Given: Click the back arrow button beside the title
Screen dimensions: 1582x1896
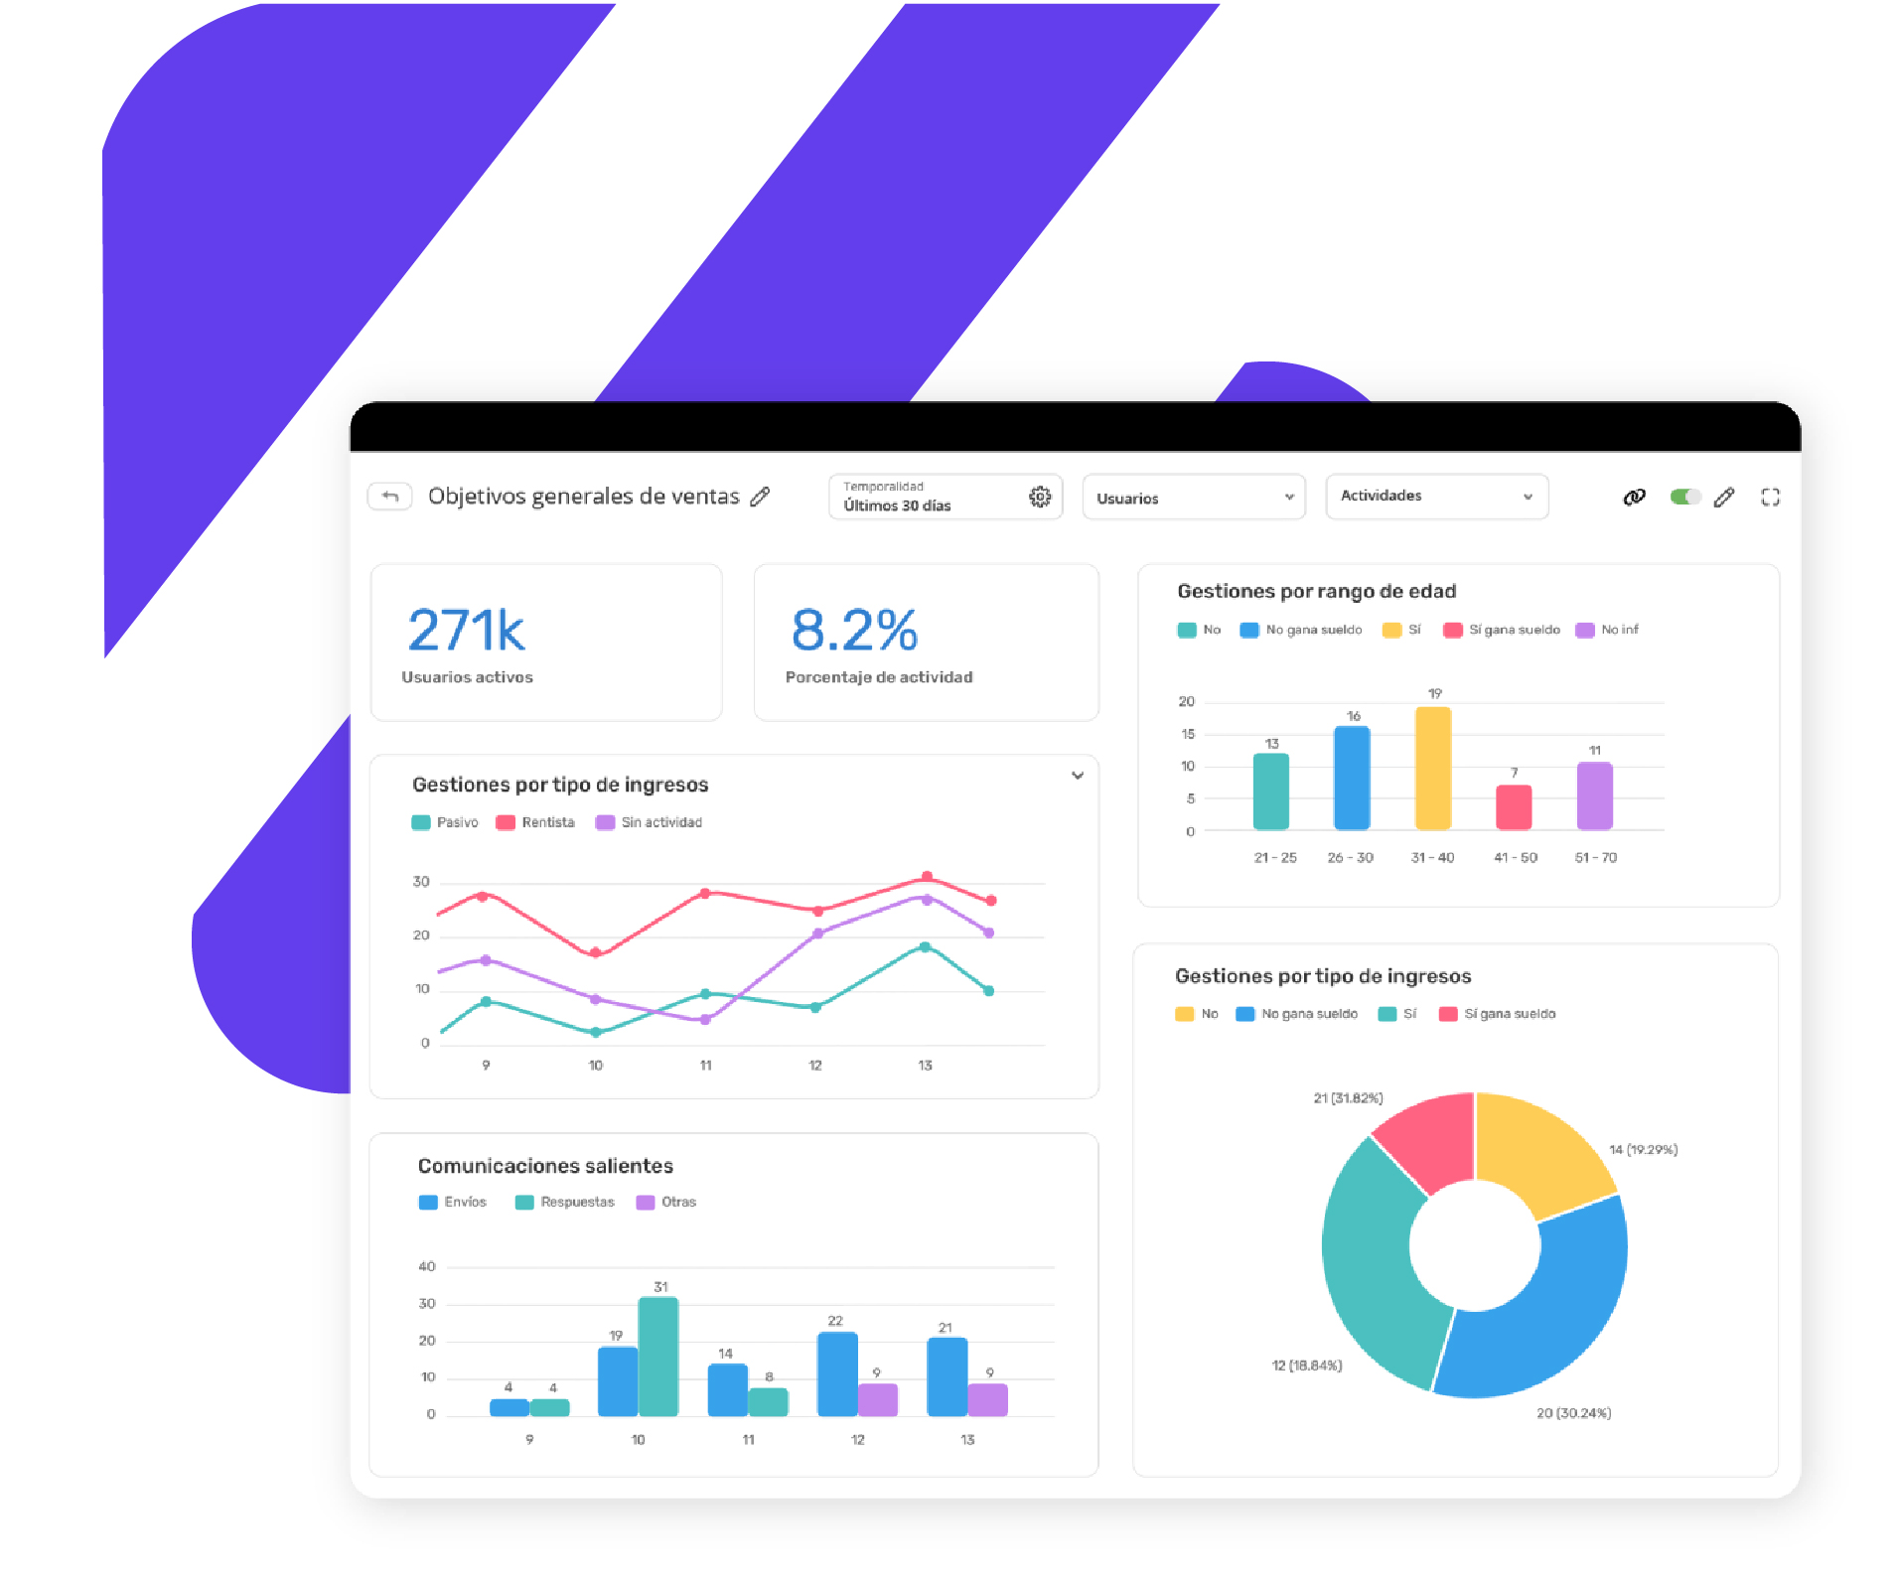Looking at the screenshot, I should (x=390, y=496).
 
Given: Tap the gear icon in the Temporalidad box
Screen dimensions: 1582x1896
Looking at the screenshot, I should (x=1039, y=497).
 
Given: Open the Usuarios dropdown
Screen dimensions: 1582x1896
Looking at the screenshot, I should (x=1193, y=498).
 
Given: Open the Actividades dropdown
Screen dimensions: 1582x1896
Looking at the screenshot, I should (x=1436, y=497).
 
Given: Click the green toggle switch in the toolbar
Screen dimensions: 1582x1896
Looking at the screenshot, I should (x=1684, y=497).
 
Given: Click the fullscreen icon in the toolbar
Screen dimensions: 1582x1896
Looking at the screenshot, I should (x=1770, y=497).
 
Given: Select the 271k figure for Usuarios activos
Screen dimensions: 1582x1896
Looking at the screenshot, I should (x=466, y=631).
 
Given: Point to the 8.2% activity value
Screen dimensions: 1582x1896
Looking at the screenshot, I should (x=854, y=631).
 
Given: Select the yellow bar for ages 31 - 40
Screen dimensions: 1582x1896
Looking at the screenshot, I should (x=1432, y=768).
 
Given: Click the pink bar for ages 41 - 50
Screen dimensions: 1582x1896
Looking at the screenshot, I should (x=1514, y=806).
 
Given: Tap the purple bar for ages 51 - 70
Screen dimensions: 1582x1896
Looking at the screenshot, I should (x=1594, y=794).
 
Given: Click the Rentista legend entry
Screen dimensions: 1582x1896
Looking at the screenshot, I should (x=536, y=822).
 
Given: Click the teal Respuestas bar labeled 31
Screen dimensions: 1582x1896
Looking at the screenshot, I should (x=658, y=1356).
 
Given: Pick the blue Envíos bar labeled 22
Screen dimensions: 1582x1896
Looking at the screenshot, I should (x=837, y=1373).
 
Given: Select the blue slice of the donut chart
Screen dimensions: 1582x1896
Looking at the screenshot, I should (x=1549, y=1311).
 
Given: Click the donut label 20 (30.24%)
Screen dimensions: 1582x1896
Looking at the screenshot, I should (x=1573, y=1413).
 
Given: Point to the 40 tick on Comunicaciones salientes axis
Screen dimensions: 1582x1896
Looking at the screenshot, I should (x=427, y=1266).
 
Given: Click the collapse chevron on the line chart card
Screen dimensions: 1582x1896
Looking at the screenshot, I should (x=1078, y=776).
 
